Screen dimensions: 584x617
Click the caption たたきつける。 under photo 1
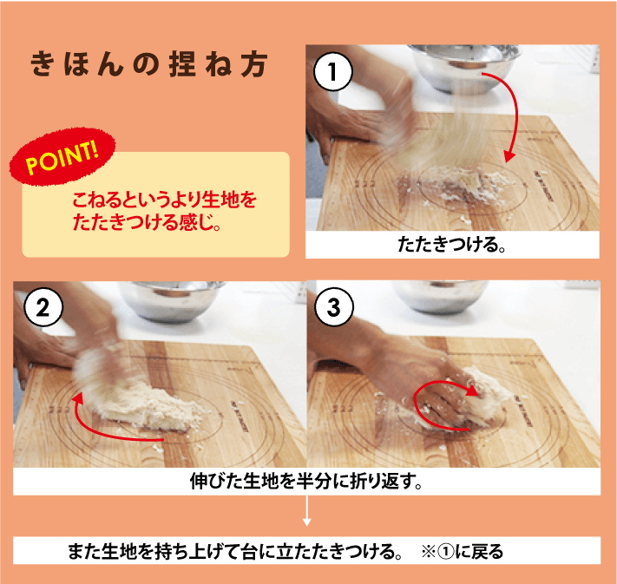451,245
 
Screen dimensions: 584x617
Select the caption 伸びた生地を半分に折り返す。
305,482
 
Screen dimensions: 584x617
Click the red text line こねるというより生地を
165,200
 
